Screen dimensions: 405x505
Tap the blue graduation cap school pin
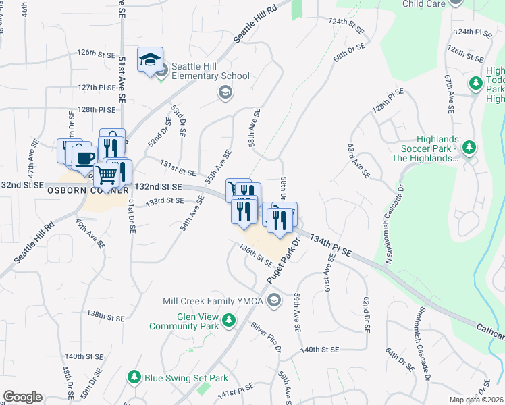[151, 61]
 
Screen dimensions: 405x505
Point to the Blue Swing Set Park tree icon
[135, 377]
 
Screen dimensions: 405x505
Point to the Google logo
[22, 397]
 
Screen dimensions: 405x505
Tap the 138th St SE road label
[105, 315]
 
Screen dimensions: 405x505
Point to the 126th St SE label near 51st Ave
[96, 52]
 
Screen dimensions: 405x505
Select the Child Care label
[423, 3]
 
